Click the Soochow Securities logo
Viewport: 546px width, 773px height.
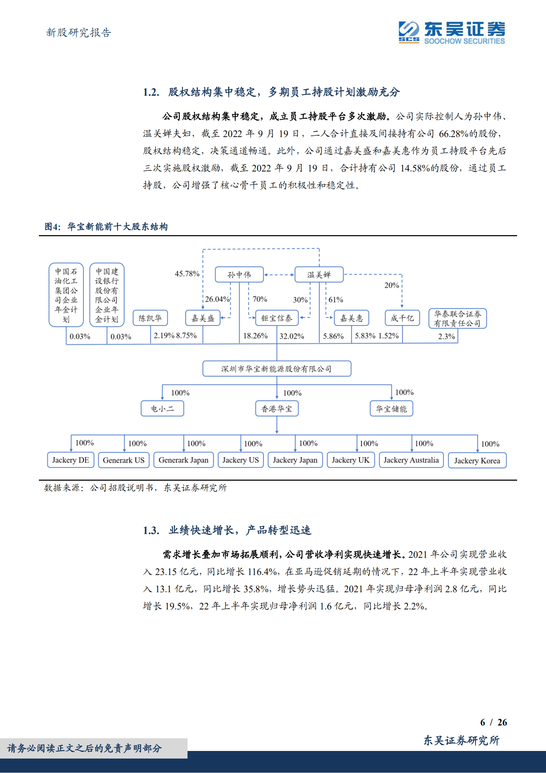point(451,33)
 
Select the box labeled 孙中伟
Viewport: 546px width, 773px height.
point(239,274)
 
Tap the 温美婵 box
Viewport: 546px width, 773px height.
point(319,274)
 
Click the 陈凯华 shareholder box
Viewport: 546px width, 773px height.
point(150,318)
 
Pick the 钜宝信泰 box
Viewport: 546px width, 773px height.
point(277,318)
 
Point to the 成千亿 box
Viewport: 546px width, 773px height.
point(402,318)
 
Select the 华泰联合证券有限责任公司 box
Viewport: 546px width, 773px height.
point(457,318)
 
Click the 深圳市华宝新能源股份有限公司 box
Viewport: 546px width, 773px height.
point(277,369)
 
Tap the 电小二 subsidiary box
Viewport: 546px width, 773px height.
point(162,409)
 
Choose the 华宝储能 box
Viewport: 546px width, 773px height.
point(391,409)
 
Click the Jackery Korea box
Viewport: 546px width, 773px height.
point(477,461)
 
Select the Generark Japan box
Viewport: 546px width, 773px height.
point(183,460)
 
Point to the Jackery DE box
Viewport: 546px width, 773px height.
point(71,460)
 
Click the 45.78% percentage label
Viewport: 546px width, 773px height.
point(187,274)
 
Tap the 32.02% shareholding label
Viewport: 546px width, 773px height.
point(291,336)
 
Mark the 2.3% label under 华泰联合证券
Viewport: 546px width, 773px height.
point(446,336)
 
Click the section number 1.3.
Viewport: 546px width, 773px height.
point(151,530)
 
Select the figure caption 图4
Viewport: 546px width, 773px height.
point(52,227)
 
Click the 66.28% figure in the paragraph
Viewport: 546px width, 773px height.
point(453,134)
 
